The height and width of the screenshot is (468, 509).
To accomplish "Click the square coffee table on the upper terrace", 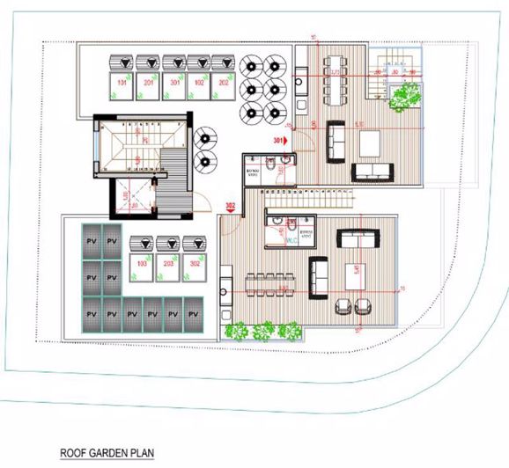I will (370, 140).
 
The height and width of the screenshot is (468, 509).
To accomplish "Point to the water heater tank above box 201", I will (150, 63).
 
